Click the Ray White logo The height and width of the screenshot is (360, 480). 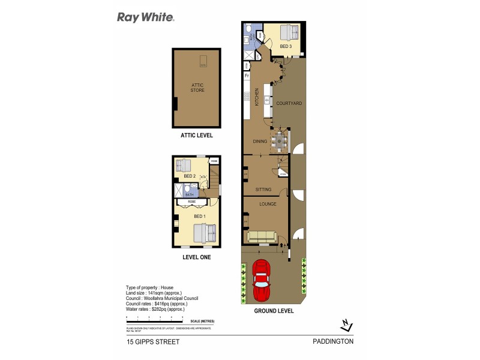tap(145, 17)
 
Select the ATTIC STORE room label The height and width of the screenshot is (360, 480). tap(197, 88)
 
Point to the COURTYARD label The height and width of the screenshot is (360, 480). tap(289, 104)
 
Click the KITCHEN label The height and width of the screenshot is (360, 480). tap(257, 96)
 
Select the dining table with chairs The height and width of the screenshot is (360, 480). tap(279, 142)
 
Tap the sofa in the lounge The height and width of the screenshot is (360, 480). tap(262, 236)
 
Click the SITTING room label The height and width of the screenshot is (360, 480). tap(263, 190)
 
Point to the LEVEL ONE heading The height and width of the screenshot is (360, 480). tap(197, 257)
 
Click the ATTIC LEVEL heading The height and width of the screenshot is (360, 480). tap(197, 136)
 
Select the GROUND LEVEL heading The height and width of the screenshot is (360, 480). tap(274, 311)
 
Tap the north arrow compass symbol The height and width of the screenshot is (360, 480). tap(344, 325)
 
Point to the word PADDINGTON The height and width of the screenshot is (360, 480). tap(333, 342)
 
